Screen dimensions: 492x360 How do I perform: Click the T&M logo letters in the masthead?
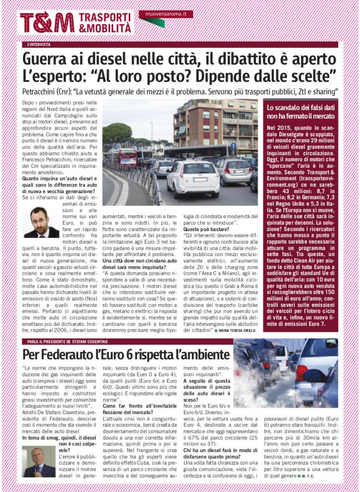coord(47,22)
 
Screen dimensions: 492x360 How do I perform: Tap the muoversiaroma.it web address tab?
coord(166,14)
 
